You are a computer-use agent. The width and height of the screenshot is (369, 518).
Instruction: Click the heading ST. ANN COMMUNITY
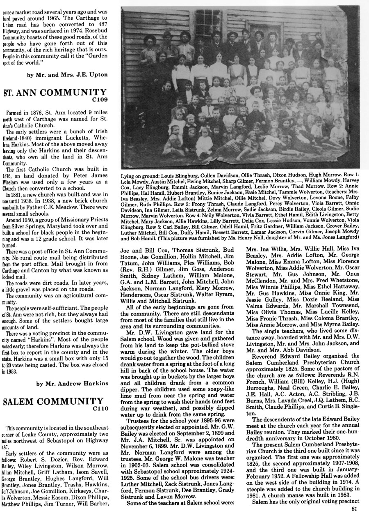tap(54, 92)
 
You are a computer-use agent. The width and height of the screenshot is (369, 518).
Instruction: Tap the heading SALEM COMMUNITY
tap(53, 401)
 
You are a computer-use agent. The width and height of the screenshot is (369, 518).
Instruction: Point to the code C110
tap(100, 408)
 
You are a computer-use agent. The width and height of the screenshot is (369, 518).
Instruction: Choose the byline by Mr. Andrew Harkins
tap(72, 384)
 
